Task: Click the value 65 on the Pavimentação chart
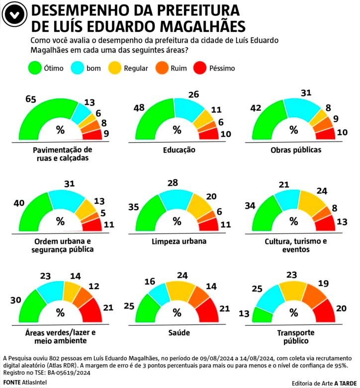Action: tap(31, 99)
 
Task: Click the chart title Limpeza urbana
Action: tap(176, 242)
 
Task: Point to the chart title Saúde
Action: tap(177, 333)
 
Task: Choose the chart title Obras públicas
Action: tap(293, 150)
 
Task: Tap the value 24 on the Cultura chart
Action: tap(321, 190)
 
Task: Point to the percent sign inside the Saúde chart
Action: tap(177, 312)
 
